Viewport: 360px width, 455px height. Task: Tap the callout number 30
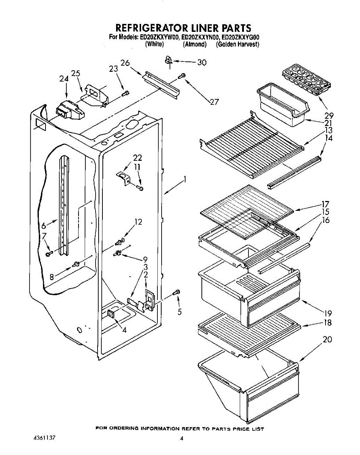tap(202, 63)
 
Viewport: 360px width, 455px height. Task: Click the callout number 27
tap(214, 102)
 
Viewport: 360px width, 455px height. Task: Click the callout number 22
tap(137, 158)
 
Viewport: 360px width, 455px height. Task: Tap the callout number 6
tap(44, 225)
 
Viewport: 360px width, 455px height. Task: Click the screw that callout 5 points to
tap(177, 292)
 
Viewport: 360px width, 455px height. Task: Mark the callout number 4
tap(124, 329)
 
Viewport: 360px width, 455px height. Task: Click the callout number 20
tap(327, 339)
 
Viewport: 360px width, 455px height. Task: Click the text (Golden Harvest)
tap(238, 44)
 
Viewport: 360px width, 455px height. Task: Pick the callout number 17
tap(325, 204)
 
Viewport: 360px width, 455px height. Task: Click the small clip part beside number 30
tap(169, 60)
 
